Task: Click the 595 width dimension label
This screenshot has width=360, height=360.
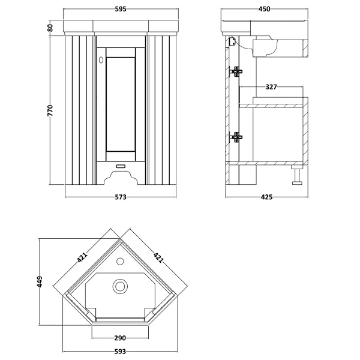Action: click(121, 9)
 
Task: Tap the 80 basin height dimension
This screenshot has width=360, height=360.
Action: click(50, 28)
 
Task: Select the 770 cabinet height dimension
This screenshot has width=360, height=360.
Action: click(50, 110)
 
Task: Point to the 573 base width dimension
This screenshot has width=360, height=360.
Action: click(121, 197)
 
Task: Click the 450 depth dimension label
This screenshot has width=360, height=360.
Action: click(264, 9)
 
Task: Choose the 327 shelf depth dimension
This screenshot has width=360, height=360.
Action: click(271, 87)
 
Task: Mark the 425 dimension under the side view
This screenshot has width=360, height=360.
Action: click(266, 197)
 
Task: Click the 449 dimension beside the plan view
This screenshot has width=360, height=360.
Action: click(40, 281)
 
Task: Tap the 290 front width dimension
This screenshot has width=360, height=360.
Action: click(120, 338)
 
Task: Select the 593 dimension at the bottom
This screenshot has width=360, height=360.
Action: click(120, 351)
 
